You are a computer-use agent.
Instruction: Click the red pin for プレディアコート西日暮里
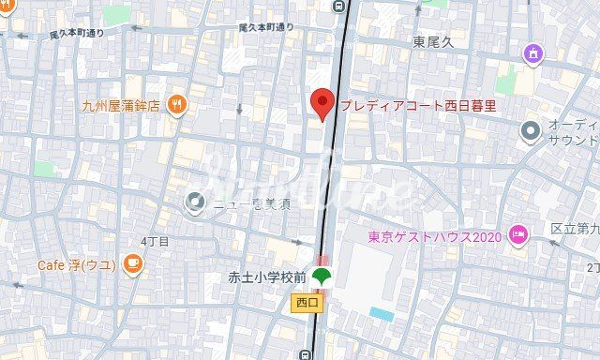click(322, 103)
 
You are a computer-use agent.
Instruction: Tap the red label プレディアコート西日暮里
click(418, 106)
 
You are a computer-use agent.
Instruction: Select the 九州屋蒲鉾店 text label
click(121, 105)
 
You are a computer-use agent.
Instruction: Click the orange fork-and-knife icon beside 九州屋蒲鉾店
click(177, 105)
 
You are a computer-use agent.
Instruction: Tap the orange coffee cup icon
click(132, 263)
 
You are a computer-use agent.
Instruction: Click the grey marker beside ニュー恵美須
click(196, 200)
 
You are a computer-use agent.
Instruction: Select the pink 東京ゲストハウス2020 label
click(435, 236)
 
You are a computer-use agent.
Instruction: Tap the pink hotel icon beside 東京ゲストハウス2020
click(517, 234)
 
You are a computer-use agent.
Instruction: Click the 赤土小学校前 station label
click(267, 277)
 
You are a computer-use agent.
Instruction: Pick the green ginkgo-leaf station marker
click(322, 277)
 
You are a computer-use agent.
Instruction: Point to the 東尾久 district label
click(434, 42)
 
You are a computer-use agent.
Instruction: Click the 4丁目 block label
click(155, 241)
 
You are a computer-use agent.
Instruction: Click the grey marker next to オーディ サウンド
click(532, 130)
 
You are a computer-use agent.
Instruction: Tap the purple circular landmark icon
click(534, 52)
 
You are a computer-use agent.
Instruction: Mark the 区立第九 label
click(575, 228)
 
